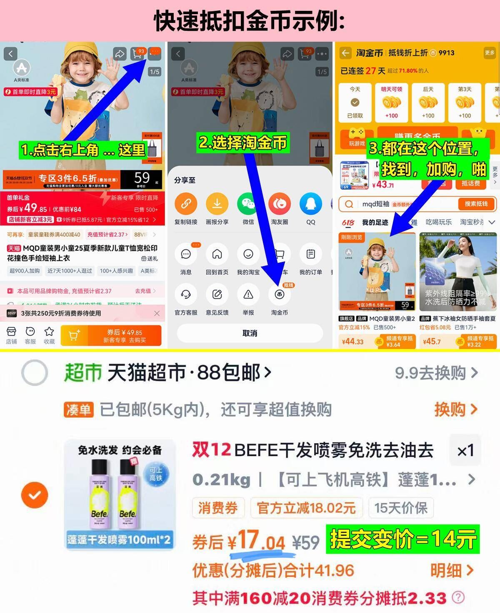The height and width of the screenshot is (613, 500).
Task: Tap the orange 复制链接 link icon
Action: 186,204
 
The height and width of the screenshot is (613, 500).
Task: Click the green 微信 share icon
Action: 248,204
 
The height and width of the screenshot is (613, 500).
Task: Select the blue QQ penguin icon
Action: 311,204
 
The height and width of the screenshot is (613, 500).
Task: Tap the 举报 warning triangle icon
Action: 248,294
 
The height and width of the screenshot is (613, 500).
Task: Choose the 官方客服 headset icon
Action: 186,294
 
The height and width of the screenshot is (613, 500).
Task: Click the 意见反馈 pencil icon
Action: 217,294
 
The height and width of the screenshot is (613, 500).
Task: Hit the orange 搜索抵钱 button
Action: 476,204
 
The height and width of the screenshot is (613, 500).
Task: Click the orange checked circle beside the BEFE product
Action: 35,495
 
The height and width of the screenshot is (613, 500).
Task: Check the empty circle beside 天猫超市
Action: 35,372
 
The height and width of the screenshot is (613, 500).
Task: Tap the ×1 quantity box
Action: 465,450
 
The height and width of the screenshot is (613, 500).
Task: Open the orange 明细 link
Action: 452,570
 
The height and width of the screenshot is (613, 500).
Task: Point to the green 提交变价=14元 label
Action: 402,539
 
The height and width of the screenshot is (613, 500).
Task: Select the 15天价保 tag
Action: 401,508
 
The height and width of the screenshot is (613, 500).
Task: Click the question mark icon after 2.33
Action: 458,598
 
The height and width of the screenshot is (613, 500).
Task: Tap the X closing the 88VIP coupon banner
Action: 157,313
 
